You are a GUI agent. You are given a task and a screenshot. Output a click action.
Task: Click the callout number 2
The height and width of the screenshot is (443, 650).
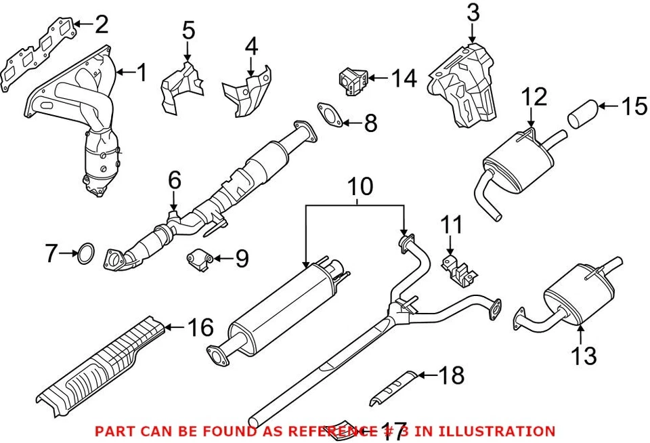pos(101,25)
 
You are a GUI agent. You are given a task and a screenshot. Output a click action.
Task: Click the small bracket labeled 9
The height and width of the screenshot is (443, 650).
pos(200,258)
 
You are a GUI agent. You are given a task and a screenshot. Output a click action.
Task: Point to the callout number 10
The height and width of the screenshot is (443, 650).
pos(361,186)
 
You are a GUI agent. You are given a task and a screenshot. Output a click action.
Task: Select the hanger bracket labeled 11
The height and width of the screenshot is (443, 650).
pos(457,270)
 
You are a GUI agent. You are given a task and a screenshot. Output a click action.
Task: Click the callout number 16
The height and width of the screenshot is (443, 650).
pos(200,328)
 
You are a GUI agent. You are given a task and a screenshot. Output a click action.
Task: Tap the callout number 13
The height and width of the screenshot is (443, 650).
pos(584,355)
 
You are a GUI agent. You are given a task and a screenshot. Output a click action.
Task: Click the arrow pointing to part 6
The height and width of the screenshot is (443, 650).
pos(174,202)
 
